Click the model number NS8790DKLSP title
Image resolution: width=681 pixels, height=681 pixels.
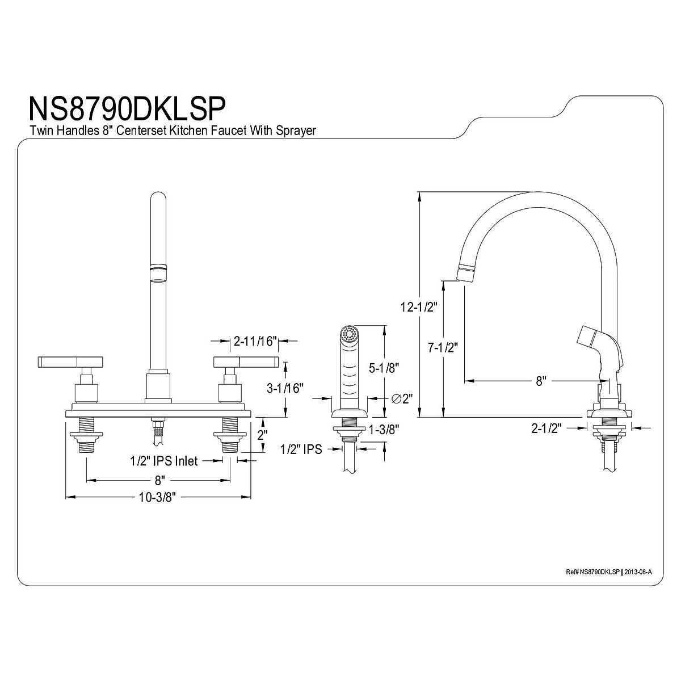(x=127, y=107)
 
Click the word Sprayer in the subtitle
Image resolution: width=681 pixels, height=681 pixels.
(x=293, y=131)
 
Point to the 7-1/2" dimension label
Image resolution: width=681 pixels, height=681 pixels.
(x=443, y=347)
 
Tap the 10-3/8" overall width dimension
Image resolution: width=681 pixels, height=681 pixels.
(x=159, y=498)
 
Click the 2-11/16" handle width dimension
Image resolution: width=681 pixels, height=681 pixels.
(x=254, y=342)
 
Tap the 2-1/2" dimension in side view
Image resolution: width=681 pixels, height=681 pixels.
(x=546, y=429)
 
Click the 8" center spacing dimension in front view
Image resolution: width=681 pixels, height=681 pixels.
(x=159, y=480)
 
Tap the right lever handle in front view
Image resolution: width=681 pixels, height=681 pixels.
(x=245, y=361)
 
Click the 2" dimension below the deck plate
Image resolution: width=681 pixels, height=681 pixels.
(x=262, y=435)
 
